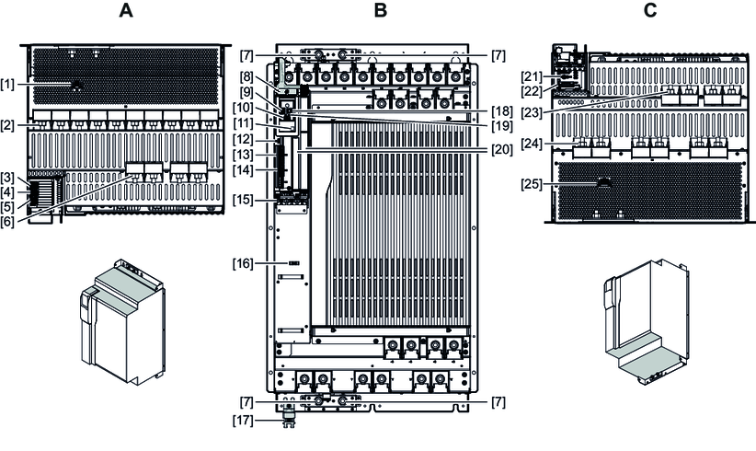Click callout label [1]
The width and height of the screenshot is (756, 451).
tap(8, 84)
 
